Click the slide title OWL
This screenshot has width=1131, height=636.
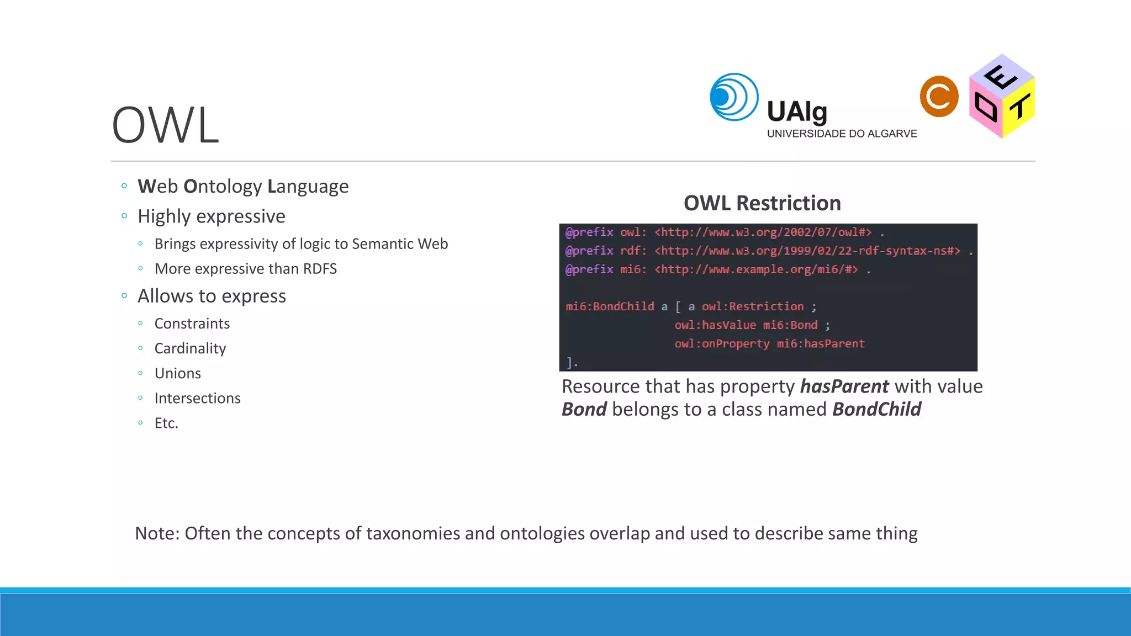[x=165, y=125]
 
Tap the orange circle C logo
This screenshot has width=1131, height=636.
[x=939, y=97]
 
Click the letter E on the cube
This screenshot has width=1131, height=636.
[x=1001, y=77]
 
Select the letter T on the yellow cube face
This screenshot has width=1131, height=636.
[x=1019, y=107]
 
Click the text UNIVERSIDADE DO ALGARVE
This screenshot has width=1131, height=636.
[x=842, y=134]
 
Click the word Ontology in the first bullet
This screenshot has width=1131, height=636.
[x=223, y=187]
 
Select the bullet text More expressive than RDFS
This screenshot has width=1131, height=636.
[x=245, y=269]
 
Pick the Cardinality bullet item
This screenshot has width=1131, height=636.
[x=190, y=348]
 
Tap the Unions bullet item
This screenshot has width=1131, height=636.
[x=177, y=373]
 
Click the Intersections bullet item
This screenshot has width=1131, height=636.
[x=197, y=398]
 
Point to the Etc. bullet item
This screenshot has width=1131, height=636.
[x=166, y=423]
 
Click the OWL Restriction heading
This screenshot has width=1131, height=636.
[x=762, y=203]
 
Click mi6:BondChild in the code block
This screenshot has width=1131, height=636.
[x=610, y=306]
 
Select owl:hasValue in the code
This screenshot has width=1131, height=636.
[x=715, y=325]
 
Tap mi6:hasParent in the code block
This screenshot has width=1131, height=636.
[x=821, y=344]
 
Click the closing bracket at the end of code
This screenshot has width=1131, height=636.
[x=569, y=363]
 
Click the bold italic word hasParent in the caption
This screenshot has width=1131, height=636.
[x=844, y=386]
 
